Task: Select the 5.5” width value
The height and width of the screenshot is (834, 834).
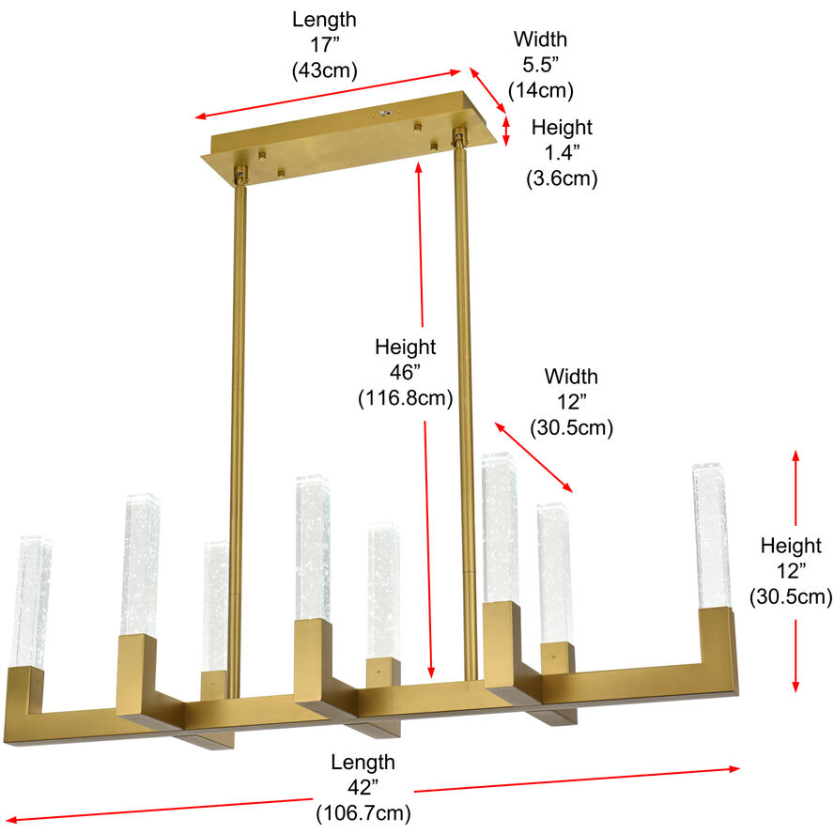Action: pos(540,65)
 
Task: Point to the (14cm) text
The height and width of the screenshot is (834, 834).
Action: pos(540,90)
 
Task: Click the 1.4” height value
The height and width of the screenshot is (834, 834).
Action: pos(562,152)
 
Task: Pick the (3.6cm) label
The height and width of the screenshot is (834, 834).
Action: pos(562,178)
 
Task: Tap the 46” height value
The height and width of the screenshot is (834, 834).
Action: pos(405,372)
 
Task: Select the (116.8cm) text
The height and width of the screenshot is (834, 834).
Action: pos(405,397)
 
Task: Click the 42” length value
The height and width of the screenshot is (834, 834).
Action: pos(363,787)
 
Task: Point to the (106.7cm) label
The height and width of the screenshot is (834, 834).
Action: pos(363,812)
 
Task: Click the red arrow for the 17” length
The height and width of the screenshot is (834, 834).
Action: pos(329,94)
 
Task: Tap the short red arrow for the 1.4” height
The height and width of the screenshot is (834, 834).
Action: pos(506,131)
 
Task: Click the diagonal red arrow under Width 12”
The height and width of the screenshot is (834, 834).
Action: pos(533,457)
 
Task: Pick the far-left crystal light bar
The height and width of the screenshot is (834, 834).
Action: pos(31,601)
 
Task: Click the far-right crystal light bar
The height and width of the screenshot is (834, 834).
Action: pos(711,535)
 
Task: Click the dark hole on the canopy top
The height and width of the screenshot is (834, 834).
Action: pos(383,112)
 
